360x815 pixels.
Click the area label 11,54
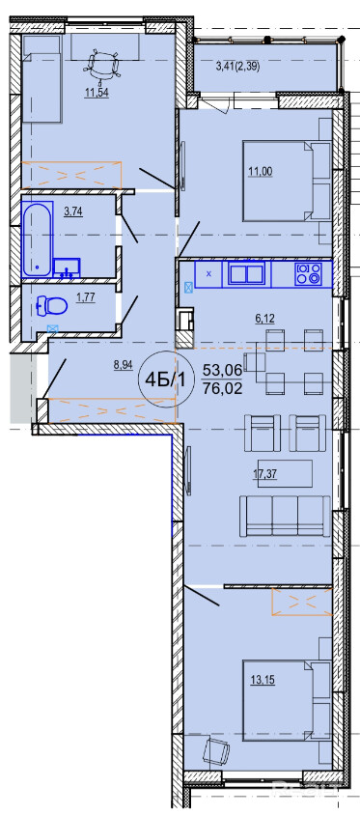tap(97, 94)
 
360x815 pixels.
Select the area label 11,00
tap(261, 171)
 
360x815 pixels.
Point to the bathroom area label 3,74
tap(73, 211)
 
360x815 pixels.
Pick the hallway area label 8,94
tap(123, 365)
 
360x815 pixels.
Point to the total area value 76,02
tap(222, 389)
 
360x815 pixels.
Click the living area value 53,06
tap(222, 370)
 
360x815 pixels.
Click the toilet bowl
tap(53, 306)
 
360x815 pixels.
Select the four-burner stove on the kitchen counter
tap(309, 273)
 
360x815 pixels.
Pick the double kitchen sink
tap(247, 273)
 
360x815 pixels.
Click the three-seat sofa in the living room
tap(285, 516)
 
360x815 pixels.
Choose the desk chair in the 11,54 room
tap(98, 64)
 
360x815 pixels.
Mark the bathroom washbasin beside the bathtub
tap(68, 268)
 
